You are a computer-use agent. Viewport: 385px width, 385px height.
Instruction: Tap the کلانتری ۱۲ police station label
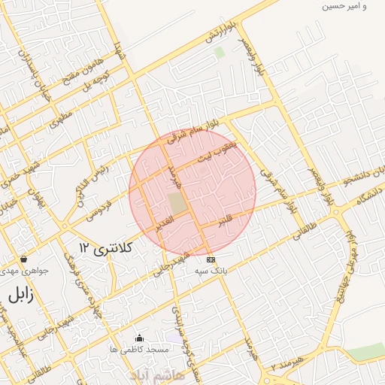click(105, 247)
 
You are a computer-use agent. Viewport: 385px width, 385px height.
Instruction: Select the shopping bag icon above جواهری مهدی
click(23, 258)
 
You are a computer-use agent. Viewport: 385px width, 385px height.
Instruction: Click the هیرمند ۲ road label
click(287, 364)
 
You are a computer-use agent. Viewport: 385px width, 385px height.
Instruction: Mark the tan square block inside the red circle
click(177, 203)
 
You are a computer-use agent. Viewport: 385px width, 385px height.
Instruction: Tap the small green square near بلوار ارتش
click(219, 53)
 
